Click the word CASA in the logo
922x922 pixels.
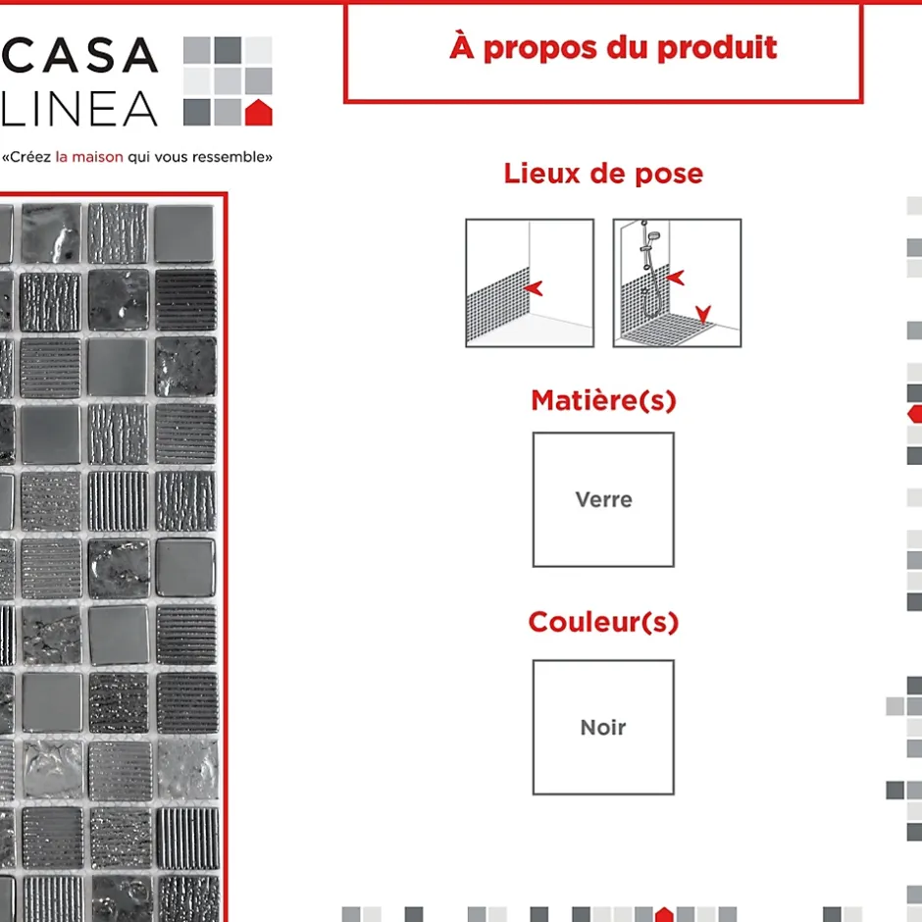(x=80, y=55)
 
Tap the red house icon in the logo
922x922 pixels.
(x=258, y=113)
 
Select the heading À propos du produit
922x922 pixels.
(x=613, y=47)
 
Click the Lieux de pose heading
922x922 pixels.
(x=603, y=174)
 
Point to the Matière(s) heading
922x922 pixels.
(x=603, y=400)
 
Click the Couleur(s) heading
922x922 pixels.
(x=603, y=622)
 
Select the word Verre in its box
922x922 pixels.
(x=604, y=500)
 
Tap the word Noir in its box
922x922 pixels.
(x=603, y=728)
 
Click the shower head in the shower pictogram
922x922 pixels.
(x=653, y=236)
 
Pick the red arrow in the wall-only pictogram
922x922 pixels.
(x=533, y=288)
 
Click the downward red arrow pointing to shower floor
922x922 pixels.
(x=703, y=314)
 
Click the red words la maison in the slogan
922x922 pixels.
(x=89, y=157)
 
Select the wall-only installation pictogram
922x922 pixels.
(x=530, y=282)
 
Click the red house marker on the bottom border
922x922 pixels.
(x=664, y=914)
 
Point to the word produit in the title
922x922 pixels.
(x=717, y=48)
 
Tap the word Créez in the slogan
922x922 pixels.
(x=30, y=157)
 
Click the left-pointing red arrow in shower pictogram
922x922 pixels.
(x=676, y=278)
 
